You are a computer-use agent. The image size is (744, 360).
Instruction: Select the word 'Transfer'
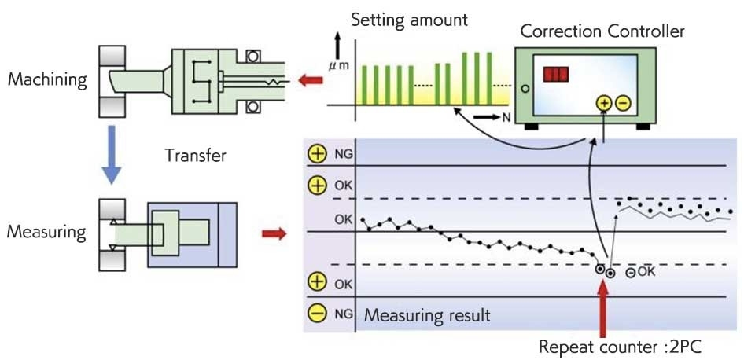point(195,156)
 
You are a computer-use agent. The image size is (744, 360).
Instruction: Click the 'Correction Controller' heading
point(602,31)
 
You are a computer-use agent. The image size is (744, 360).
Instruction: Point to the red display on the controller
point(555,75)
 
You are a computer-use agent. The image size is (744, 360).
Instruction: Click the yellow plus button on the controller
point(603,103)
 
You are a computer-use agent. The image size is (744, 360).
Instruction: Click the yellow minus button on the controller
point(621,103)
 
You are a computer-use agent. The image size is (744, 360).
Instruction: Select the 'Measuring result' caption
point(427,316)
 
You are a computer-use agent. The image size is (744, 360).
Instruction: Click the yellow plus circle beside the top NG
point(318,154)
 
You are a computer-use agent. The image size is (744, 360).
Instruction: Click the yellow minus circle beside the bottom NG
point(318,313)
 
